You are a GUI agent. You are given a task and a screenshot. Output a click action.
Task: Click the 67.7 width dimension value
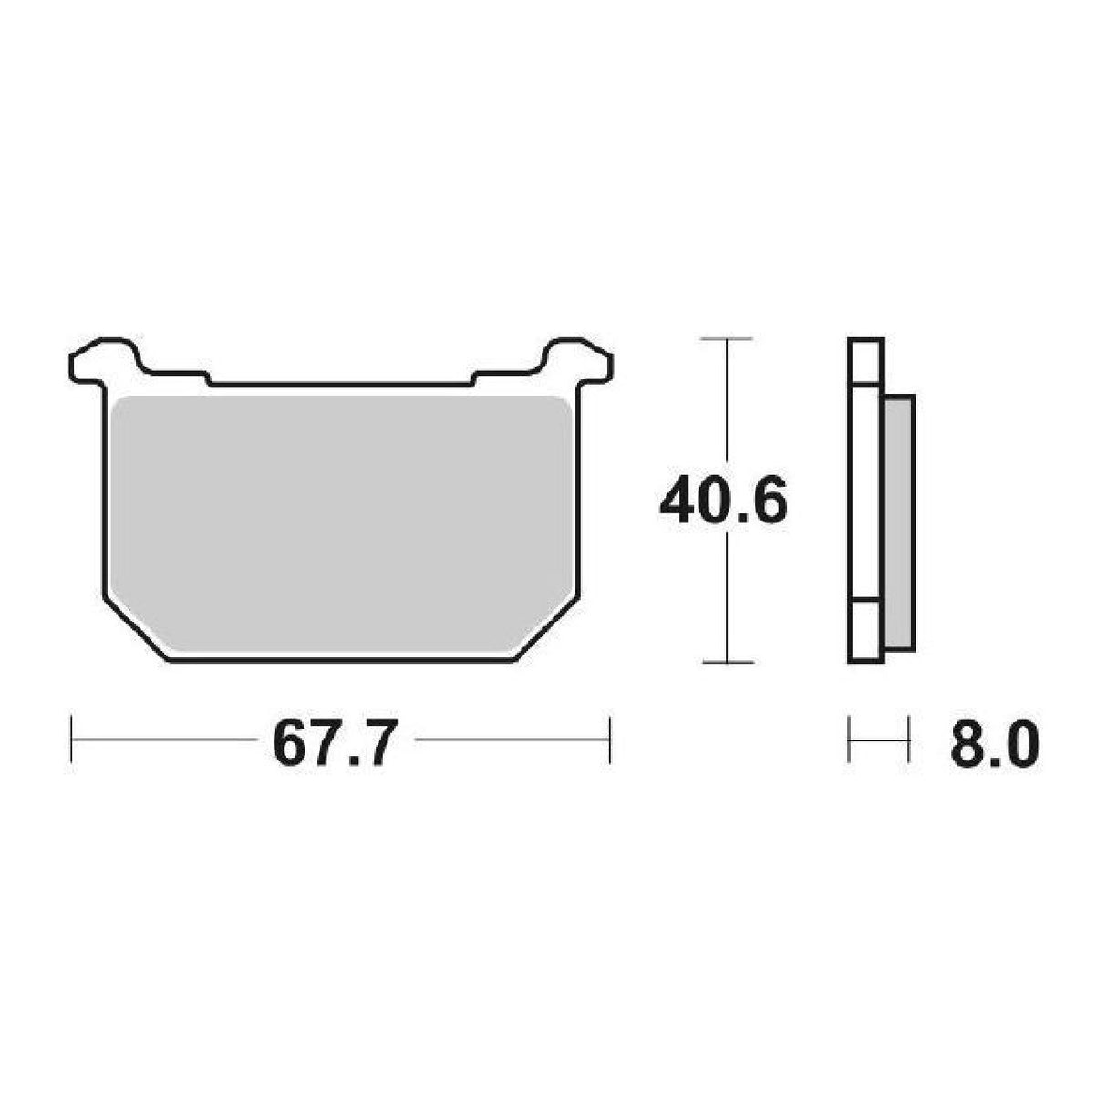[335, 741]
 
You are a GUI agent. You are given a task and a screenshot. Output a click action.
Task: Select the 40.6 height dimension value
[723, 500]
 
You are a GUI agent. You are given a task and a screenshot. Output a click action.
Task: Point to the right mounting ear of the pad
[577, 361]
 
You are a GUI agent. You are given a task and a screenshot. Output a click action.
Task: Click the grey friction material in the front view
[342, 522]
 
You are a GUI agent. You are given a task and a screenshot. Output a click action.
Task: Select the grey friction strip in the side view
[898, 522]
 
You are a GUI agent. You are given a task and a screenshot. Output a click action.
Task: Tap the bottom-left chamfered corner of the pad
[136, 631]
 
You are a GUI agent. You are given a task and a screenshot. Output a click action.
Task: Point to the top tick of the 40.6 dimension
[727, 339]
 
